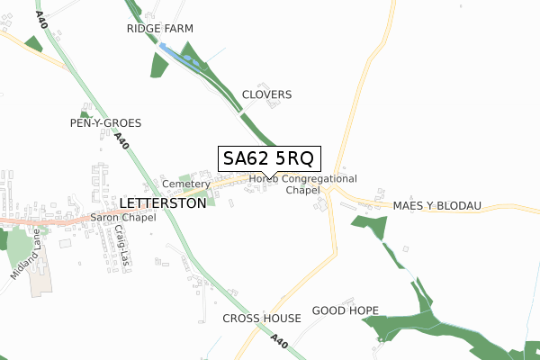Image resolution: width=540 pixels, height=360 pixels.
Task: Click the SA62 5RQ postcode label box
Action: tap(268, 158)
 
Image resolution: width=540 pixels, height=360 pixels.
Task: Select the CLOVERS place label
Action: tap(266, 94)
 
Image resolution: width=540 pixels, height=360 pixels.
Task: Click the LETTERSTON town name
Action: tap(162, 203)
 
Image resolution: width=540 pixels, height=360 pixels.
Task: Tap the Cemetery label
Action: tap(185, 184)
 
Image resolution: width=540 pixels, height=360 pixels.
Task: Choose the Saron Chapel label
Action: tap(125, 217)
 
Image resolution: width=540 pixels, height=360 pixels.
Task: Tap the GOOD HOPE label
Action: tap(345, 310)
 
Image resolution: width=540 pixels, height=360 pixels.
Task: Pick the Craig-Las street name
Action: tap(120, 242)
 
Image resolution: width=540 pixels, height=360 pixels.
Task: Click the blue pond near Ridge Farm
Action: tap(180, 57)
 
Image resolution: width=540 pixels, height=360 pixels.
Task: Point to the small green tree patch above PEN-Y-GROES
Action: tap(85, 113)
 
